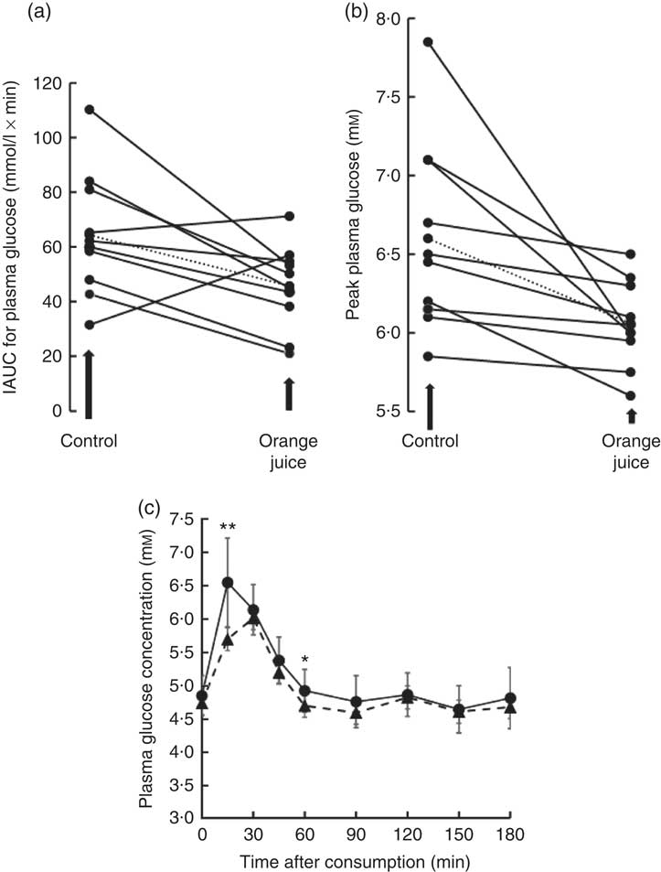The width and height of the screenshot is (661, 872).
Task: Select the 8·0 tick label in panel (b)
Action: tap(396, 17)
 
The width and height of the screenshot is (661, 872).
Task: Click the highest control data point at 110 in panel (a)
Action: tap(89, 110)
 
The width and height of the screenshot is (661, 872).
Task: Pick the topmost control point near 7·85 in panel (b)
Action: tap(428, 42)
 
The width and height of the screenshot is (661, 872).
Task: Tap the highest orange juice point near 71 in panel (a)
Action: tap(290, 216)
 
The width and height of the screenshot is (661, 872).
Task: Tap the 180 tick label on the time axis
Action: tap(510, 834)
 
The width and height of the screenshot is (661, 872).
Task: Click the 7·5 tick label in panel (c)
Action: tap(182, 520)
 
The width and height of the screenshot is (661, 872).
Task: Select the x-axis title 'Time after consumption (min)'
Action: tap(356, 860)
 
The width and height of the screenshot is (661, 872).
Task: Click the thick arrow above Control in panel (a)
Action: tap(89, 384)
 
